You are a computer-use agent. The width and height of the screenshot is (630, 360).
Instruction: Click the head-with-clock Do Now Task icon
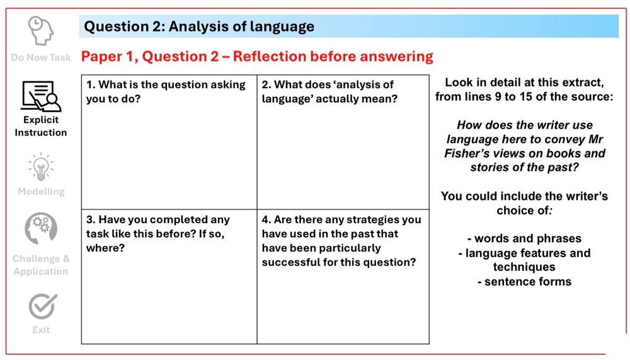[41, 30]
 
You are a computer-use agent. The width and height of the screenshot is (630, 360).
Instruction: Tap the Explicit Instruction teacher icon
[41, 96]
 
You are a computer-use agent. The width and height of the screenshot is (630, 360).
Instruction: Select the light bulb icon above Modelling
[41, 167]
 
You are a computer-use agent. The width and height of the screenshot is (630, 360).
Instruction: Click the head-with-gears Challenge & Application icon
[41, 228]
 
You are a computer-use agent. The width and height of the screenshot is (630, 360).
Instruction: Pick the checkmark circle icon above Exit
[43, 306]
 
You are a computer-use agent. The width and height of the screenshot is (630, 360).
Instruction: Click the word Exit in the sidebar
[41, 330]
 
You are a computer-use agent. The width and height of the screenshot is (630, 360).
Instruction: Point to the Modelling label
[41, 192]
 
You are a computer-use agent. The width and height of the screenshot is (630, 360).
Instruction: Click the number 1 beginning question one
[90, 84]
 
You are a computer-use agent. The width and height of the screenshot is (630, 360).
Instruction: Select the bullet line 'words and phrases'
[524, 238]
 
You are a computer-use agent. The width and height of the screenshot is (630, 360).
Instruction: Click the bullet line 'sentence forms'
[524, 282]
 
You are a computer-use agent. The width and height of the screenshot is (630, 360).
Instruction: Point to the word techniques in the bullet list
[524, 267]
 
